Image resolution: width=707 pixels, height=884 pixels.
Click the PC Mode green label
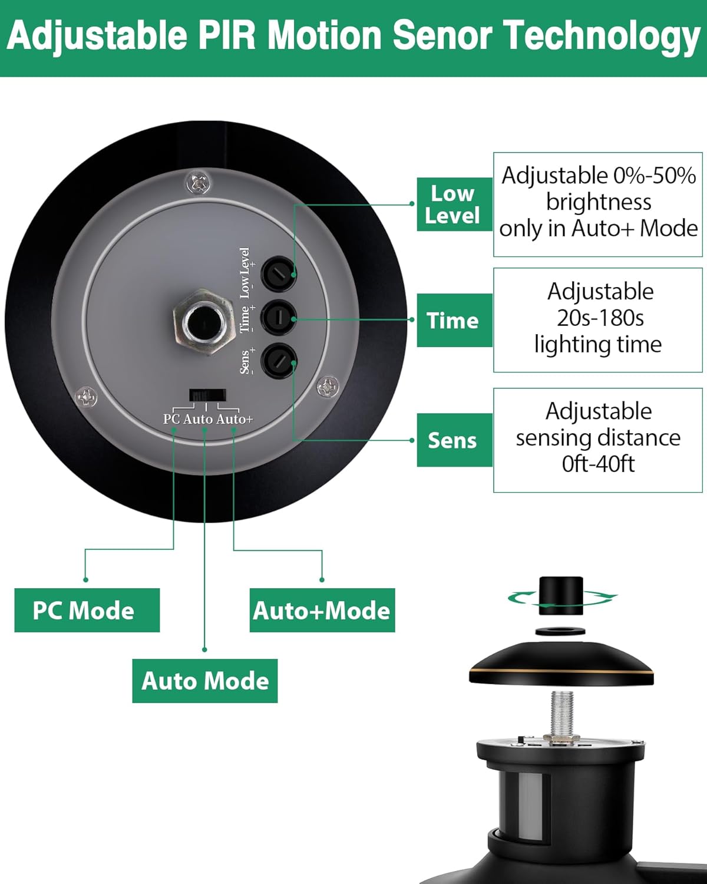pos(87,610)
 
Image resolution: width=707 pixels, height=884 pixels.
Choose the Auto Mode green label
pos(204,681)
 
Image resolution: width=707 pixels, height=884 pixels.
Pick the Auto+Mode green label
pos(322,610)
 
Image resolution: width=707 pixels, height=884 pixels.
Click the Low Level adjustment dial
pos(279,273)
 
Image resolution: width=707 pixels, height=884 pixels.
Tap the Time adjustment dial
pos(279,318)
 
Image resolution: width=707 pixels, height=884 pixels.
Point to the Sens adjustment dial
pos(279,361)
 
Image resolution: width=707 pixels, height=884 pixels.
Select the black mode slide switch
pos(207,394)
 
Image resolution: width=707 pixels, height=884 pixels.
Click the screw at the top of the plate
pos(199,183)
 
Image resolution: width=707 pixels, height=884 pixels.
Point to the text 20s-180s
pos(600,318)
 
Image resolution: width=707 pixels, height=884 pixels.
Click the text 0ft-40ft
pos(598,464)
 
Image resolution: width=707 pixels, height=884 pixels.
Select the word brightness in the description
pos(598,202)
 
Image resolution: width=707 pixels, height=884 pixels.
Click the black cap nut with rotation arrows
pos(561,595)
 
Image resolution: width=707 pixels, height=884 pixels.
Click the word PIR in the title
pos(226,37)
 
